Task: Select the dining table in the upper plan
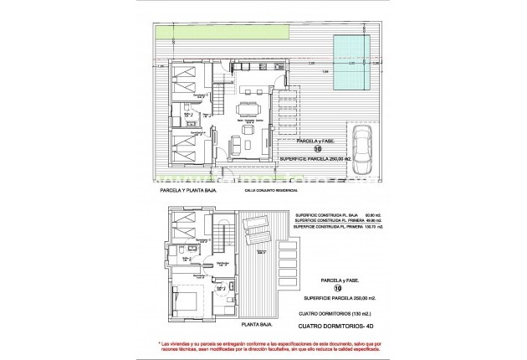pos(248,111)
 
